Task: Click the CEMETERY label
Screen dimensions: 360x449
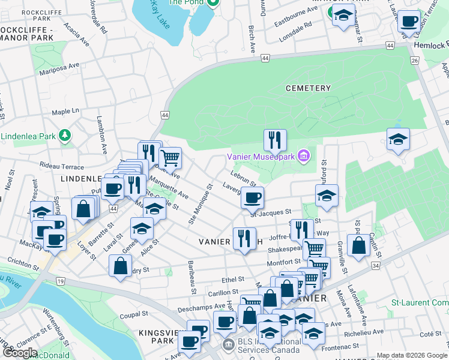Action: (x=308, y=88)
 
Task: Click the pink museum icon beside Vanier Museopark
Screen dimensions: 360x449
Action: (x=304, y=157)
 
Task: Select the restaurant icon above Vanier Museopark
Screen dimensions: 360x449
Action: (x=275, y=140)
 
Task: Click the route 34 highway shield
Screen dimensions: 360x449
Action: (x=376, y=265)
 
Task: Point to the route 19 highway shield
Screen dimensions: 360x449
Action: (x=44, y=280)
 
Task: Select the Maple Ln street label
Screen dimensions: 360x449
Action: (x=65, y=112)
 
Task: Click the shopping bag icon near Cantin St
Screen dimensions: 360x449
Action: (x=358, y=246)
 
